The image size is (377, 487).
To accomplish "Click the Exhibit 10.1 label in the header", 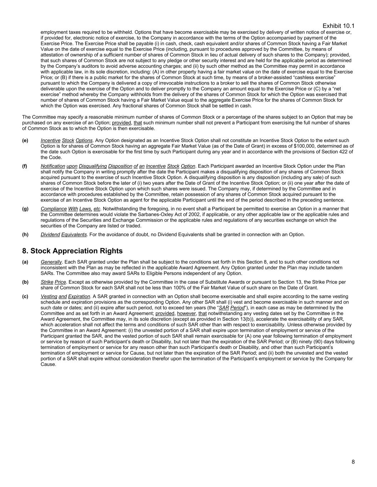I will coord(338,26).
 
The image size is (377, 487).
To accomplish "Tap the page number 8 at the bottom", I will coord(353,462).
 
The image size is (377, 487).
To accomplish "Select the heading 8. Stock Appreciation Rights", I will coord(72,251).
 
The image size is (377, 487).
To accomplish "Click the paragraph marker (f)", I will coord(25,166).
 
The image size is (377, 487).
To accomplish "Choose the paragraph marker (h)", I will coord(25,234).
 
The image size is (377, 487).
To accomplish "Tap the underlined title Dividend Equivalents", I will coord(64,234).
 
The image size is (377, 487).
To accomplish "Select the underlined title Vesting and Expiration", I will coord(65,296).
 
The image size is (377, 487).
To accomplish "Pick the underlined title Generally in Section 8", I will coord(51,262).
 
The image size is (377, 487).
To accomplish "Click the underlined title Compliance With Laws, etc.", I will coord(70,209).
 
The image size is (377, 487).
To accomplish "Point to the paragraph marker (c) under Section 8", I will coord(25,296).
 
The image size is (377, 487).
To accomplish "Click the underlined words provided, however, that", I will coord(181,313).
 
